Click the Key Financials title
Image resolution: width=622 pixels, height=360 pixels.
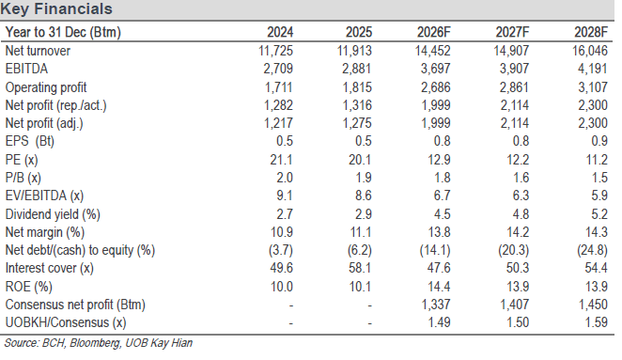coord(56,8)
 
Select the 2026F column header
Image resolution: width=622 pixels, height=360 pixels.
coord(433,32)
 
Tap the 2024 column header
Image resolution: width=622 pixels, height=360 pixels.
coord(280,32)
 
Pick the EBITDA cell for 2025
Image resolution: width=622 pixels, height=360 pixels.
coord(357,69)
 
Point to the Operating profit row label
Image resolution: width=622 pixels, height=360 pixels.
coord(46,87)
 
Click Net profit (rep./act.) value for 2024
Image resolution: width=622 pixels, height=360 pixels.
coord(278,105)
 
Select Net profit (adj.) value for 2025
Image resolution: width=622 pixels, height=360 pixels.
coord(357,123)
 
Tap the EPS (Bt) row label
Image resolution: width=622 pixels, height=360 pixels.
coord(30,141)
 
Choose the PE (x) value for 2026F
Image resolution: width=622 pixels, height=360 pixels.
coord(439,160)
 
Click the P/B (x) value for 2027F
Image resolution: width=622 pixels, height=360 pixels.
coord(520,178)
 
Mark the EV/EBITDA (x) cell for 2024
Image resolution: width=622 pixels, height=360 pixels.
coord(285,196)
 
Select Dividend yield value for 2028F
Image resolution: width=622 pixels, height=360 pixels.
coord(599,214)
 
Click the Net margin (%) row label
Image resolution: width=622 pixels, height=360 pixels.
coord(45,232)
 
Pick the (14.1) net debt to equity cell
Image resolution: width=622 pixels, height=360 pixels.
coord(435,250)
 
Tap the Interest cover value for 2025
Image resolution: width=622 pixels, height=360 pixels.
coord(360,268)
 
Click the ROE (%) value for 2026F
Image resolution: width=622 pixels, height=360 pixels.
coord(439,287)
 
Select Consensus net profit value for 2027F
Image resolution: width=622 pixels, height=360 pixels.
coord(514,305)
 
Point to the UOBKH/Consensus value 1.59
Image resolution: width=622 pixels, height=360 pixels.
coord(597,322)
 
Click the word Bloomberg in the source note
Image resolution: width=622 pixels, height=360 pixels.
coord(95,343)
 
